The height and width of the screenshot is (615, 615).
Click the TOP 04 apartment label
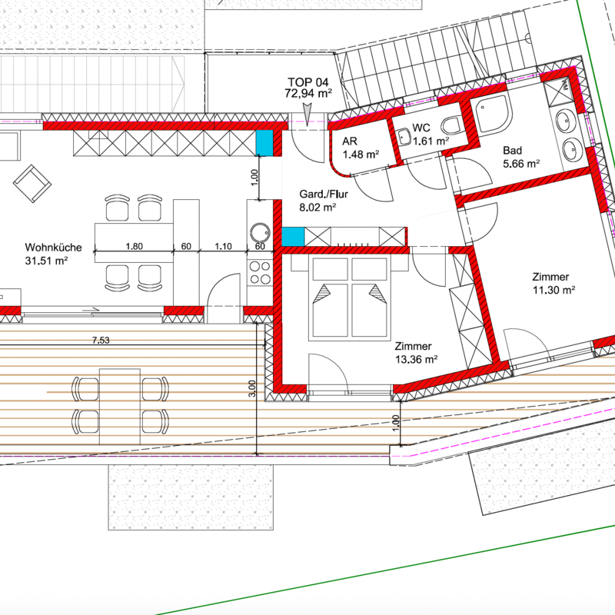pos(308,82)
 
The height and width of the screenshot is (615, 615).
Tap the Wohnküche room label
pos(53,248)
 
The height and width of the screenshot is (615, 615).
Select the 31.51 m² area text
pos(47,261)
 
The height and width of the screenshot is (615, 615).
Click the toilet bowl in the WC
pos(452,126)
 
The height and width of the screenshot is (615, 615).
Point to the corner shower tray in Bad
pos(491,111)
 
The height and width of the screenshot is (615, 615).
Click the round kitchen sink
pos(260,233)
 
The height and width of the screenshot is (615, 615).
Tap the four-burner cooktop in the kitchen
pos(260,273)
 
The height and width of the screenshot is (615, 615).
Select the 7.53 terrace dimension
pos(101,340)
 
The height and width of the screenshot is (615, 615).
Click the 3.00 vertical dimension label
pos(252,388)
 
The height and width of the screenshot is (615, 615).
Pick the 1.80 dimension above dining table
pos(134,246)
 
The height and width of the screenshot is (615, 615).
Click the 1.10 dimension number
pos(223,246)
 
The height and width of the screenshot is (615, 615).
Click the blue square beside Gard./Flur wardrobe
pos(293,237)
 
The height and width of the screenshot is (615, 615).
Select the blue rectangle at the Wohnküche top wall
pos(264,143)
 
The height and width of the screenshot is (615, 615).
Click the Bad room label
pos(512,151)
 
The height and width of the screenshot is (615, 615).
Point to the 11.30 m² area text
pos(553,291)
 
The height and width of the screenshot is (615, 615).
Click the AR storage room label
pos(350,141)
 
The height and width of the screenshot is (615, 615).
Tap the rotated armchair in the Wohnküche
pos(32,184)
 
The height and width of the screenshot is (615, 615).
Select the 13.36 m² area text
pos(417,359)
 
